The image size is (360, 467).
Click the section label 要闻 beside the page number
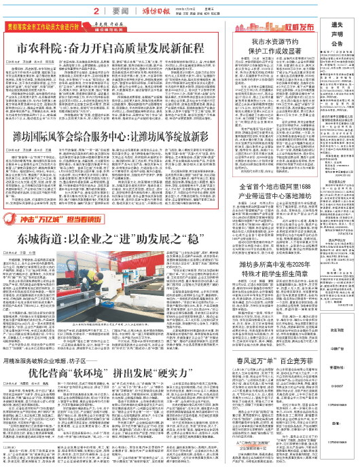tap(122, 12)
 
